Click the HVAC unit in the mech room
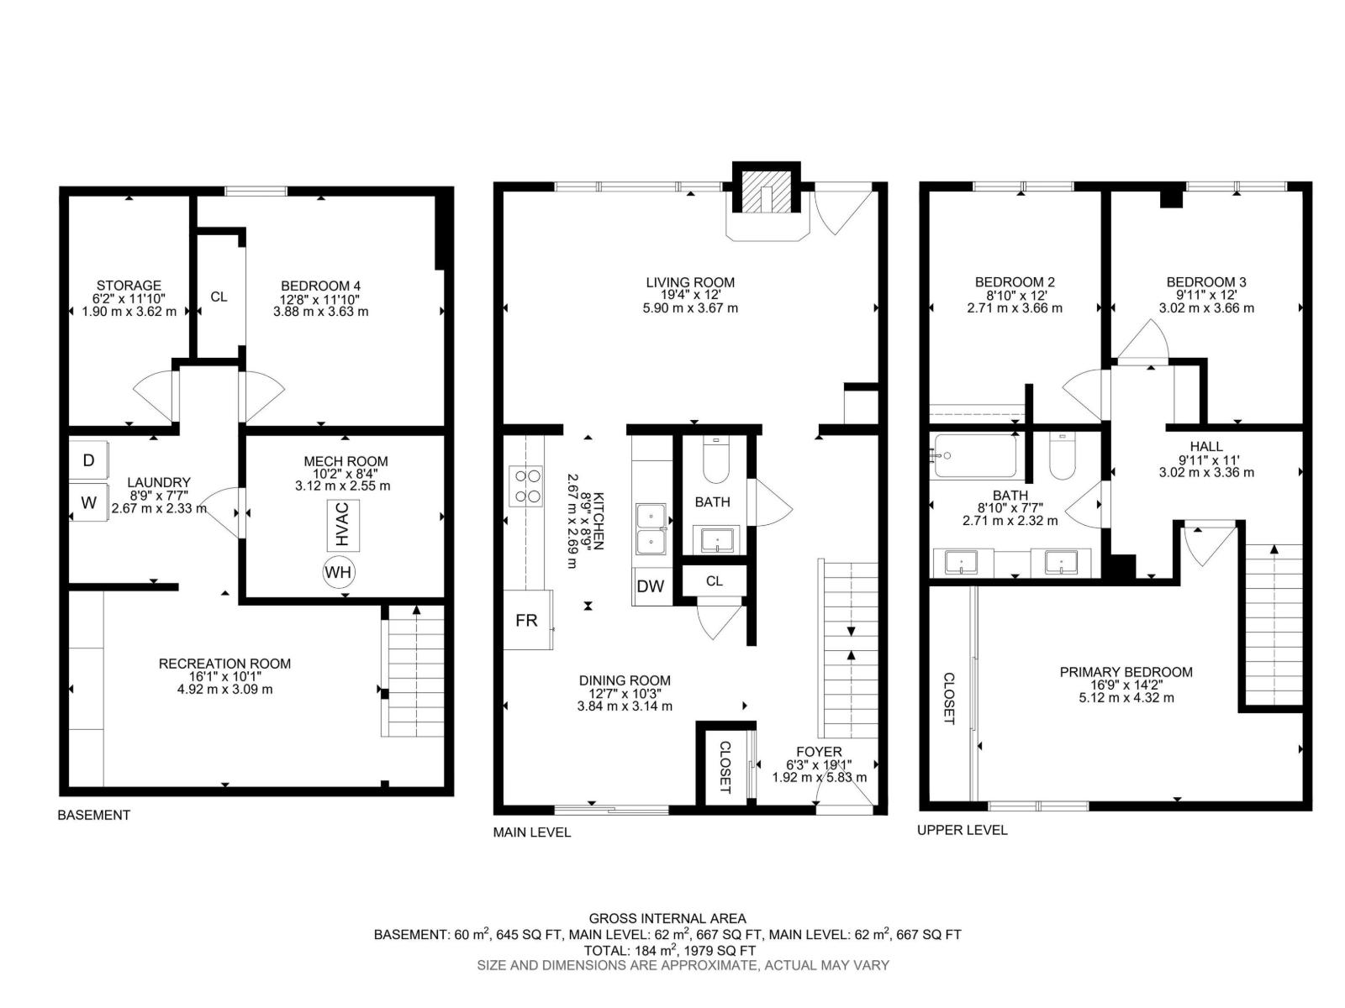342,524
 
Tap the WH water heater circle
338,572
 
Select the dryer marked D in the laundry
88,459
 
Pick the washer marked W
88,502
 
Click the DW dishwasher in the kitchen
651,586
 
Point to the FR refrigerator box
527,620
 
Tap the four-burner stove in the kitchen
525,486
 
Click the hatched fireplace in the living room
766,192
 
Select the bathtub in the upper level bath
973,456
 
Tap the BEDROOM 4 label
320,286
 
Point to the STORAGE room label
129,286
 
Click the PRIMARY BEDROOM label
1126,672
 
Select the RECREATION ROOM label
225,664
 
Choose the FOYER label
819,752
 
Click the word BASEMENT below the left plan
94,815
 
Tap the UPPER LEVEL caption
962,830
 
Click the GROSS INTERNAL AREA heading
667,919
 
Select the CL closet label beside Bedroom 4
219,297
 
